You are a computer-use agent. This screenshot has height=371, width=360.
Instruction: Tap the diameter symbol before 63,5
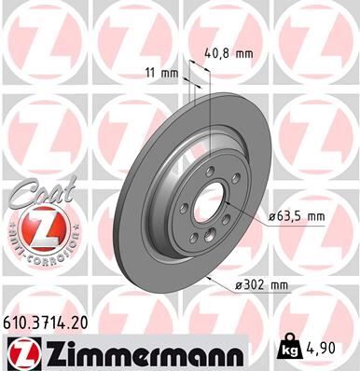click(272, 216)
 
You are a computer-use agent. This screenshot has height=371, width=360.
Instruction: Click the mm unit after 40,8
click(244, 53)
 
